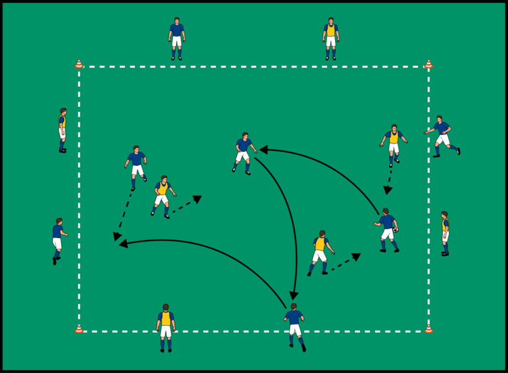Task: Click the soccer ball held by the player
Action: [x=395, y=229]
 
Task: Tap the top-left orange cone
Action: [x=79, y=64]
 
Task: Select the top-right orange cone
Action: [x=428, y=64]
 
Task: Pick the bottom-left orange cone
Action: [x=79, y=329]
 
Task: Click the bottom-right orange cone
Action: [x=428, y=329]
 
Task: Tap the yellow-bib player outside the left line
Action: [x=62, y=130]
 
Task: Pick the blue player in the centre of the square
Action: [x=244, y=152]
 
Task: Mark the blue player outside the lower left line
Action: [x=58, y=240]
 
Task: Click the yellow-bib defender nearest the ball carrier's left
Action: [x=320, y=252]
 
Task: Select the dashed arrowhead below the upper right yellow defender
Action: [x=387, y=190]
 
